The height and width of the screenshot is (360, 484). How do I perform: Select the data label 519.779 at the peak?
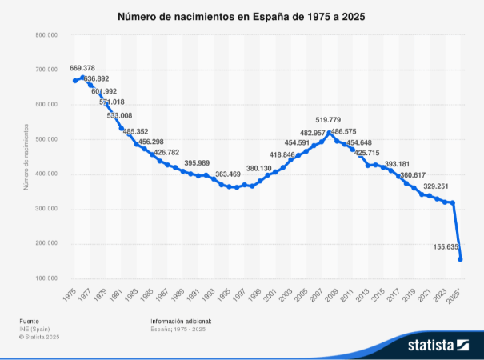328,119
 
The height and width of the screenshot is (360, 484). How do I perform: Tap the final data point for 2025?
461,258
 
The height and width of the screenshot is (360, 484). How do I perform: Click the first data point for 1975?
75,80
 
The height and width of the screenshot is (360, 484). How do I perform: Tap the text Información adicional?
181,321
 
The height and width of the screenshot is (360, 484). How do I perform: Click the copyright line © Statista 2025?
39,337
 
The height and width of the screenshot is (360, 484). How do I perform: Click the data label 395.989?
202,162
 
